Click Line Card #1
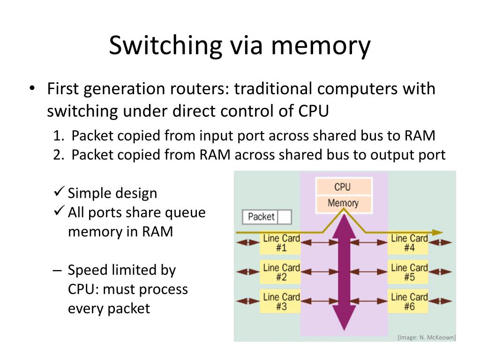[x=281, y=243]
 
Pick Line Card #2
[x=281, y=272]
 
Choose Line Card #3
[x=281, y=302]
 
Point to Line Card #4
[x=409, y=243]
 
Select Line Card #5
[x=409, y=272]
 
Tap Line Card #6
[x=409, y=302]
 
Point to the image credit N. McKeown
[x=426, y=337]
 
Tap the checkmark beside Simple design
[x=59, y=192]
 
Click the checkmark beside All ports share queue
[x=59, y=212]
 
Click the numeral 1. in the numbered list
[x=58, y=136]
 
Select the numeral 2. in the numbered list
[x=58, y=155]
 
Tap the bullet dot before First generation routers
[x=31, y=89]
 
